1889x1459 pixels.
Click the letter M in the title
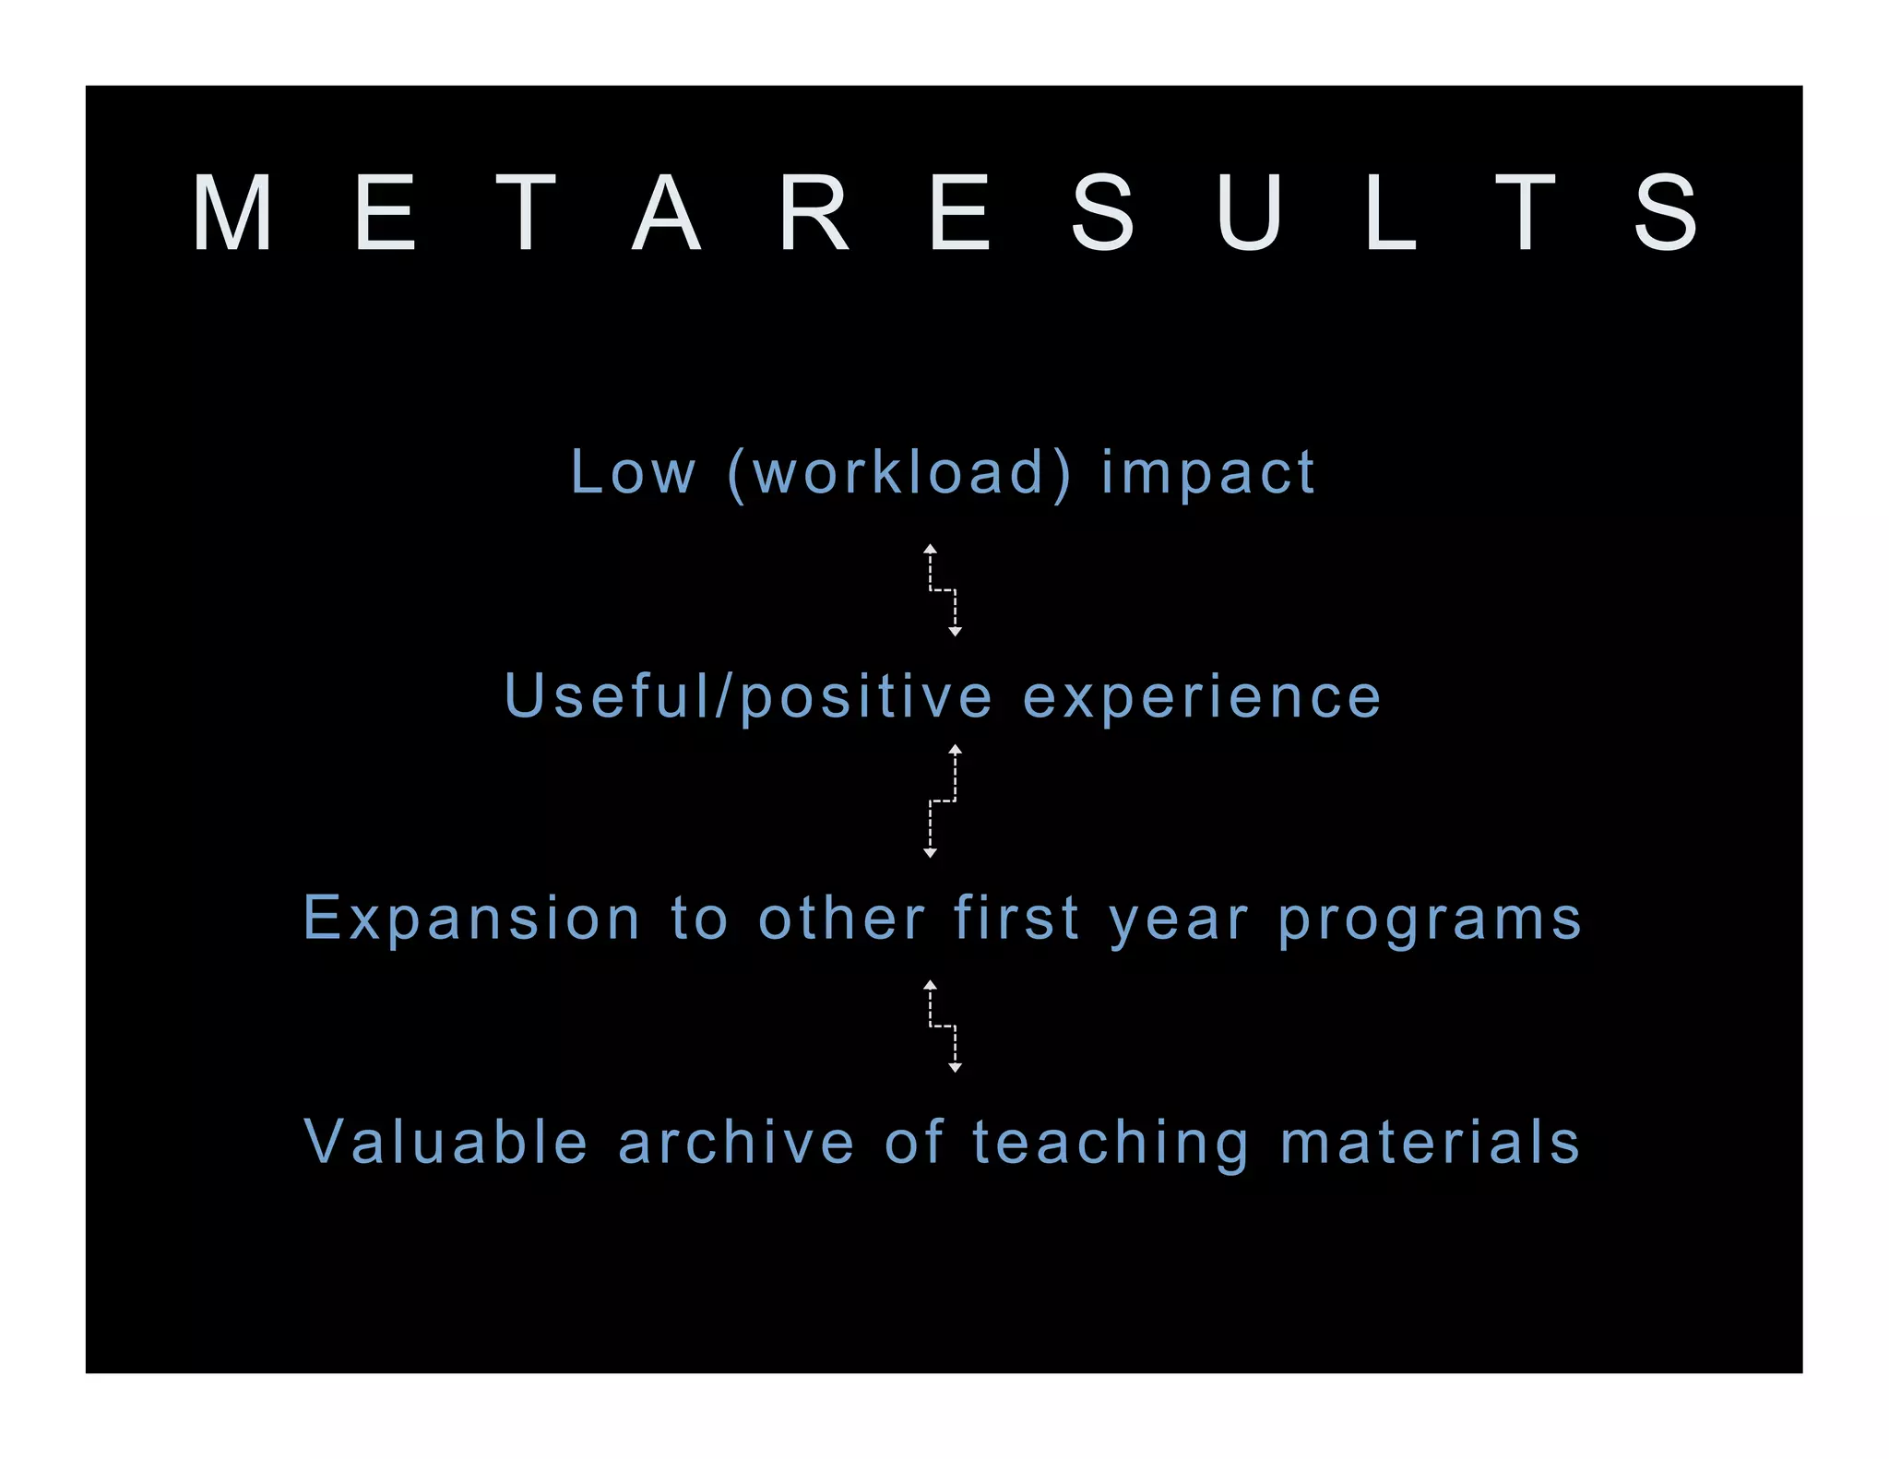[233, 213]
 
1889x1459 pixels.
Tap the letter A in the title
[666, 213]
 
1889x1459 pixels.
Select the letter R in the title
[814, 213]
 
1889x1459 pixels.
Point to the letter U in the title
[1249, 213]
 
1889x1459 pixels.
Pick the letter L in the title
[1390, 213]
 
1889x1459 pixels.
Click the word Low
[633, 472]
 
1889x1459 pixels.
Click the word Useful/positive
[748, 696]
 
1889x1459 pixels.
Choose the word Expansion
[471, 919]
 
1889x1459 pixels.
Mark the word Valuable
[446, 1142]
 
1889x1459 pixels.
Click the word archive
[736, 1142]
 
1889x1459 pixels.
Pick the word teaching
[1111, 1144]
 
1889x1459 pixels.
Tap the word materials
[1431, 1142]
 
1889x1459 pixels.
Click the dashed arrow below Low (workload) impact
[943, 590]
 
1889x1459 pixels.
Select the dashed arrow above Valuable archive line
[943, 1026]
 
